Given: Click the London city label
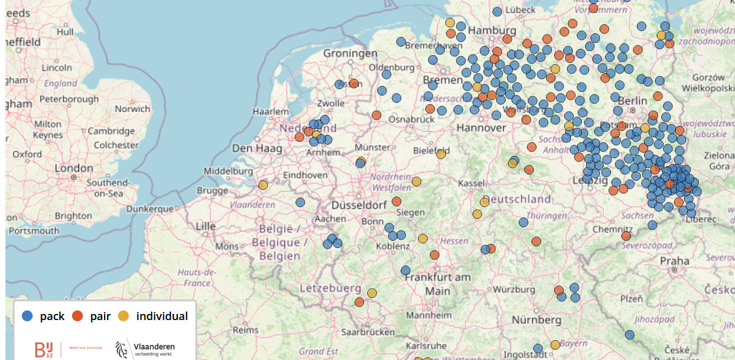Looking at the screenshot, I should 74,168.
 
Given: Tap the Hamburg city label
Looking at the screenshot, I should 492,31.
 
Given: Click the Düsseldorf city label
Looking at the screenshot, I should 359,205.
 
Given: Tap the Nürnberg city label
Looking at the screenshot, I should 536,319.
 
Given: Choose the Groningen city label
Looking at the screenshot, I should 350,54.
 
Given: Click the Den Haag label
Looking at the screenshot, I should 251,148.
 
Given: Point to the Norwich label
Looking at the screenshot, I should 132,109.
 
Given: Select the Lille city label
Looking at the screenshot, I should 205,226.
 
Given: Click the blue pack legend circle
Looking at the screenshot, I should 27,316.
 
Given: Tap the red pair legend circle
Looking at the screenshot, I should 77,316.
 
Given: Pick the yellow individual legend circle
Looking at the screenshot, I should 123,316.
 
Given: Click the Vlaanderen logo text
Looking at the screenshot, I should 154,346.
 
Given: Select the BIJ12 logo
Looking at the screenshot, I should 44,349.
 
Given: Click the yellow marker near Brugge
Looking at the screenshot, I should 263,185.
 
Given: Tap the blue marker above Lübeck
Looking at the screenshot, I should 497,11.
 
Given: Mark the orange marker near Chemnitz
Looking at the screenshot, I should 626,235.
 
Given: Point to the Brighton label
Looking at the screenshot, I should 73,215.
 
